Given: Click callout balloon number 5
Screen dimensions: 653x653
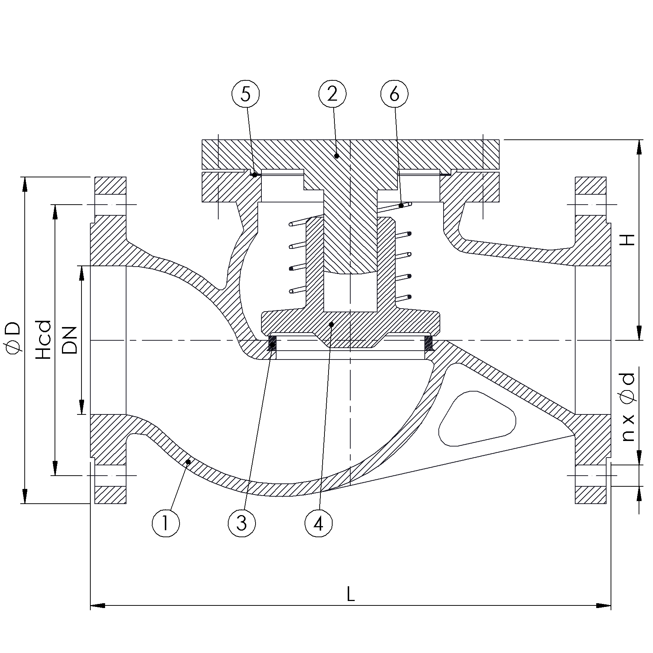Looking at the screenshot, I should pos(246,95).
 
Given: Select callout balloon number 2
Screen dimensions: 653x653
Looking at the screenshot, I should pos(332,95).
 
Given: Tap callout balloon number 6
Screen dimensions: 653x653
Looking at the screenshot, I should pos(394,95).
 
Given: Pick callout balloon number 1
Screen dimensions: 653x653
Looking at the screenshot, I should pos(166,523).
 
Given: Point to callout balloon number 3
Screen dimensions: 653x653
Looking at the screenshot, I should pos(242,523).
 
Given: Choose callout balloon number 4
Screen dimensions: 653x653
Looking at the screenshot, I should pos(319,523).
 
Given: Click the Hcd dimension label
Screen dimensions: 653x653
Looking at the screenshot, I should pos(44,340).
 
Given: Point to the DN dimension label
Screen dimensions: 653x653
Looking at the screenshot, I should pos(70,340).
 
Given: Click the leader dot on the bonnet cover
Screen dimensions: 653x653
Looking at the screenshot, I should pos(337,156).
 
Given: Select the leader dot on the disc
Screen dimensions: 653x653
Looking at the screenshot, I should pos(331,324).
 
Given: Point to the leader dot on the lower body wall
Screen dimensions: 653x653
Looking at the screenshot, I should pos(188,462).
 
